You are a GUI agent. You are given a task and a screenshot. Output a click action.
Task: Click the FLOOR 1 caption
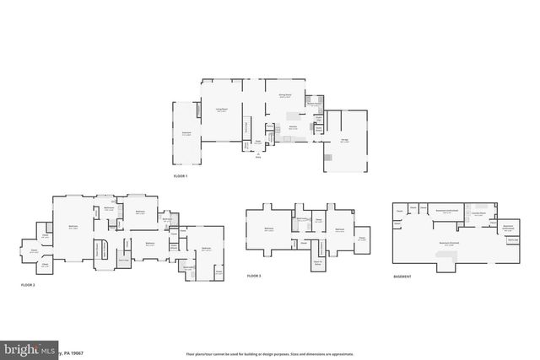coord(181,176)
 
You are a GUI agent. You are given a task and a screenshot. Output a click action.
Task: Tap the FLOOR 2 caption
coord(28,285)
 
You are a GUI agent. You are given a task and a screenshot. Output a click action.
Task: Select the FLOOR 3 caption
coord(254,276)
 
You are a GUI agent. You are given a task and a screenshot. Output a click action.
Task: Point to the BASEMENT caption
coord(404,277)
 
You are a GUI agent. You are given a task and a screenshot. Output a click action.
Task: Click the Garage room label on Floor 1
coord(344,141)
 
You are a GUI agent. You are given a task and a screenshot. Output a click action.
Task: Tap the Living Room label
coord(221,109)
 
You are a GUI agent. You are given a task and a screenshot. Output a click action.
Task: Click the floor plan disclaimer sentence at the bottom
coord(270,352)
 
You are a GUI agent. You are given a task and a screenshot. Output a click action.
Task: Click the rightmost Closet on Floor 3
coord(361,237)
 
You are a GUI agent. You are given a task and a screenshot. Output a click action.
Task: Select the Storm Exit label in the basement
coord(511,240)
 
